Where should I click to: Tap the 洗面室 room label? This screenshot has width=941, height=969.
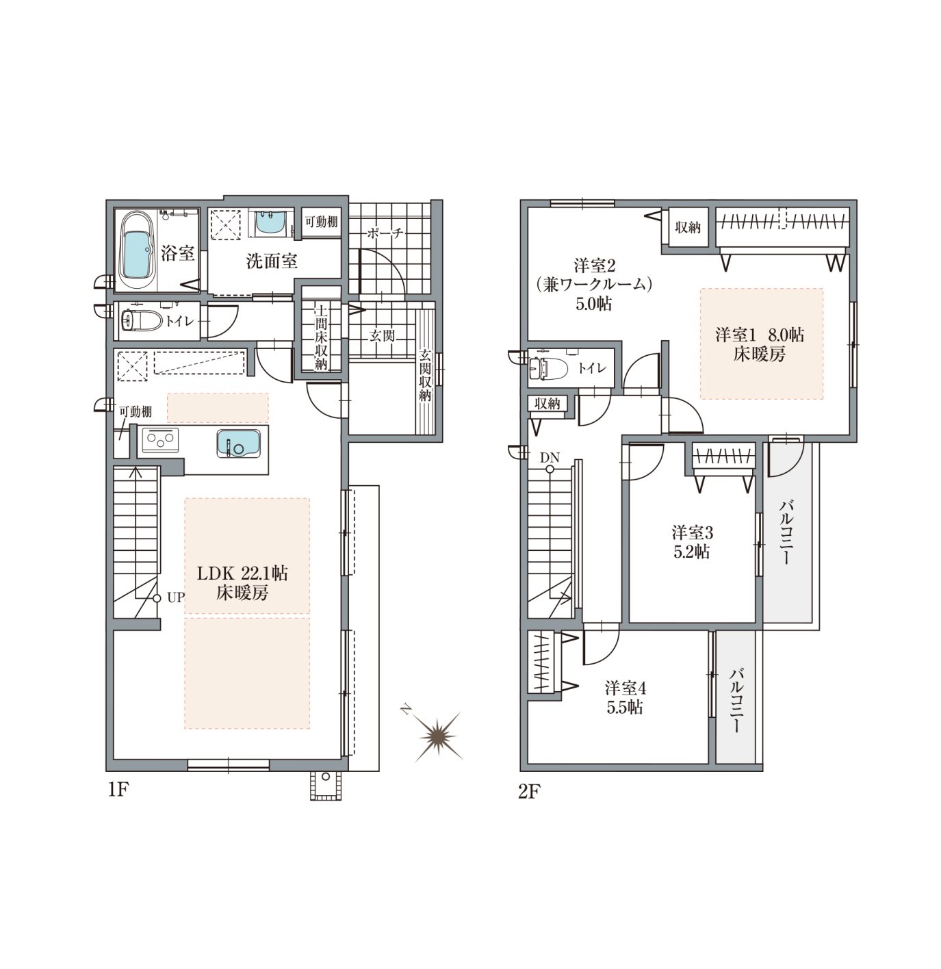coord(271,261)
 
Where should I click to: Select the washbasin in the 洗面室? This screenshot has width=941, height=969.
coord(270,222)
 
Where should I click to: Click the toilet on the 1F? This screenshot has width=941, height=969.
coord(142,319)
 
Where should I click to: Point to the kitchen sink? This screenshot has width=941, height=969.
coord(238,442)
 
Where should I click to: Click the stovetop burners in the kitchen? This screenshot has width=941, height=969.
coord(160,440)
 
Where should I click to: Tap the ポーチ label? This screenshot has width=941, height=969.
coord(385,233)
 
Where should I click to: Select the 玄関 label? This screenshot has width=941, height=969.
coord(383,335)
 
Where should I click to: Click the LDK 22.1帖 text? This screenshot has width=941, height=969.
coord(242,573)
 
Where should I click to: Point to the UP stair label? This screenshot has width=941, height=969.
coord(176,597)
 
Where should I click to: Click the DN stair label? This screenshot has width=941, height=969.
coord(550,457)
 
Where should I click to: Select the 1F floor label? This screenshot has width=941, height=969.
coord(118,790)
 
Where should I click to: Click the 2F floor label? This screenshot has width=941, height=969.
coord(529,791)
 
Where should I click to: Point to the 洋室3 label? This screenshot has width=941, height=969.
coord(692,533)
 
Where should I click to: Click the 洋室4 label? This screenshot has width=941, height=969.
coord(626,688)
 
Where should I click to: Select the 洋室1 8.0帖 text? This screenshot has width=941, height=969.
coord(760,335)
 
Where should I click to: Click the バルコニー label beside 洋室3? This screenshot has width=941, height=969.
coord(786,533)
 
